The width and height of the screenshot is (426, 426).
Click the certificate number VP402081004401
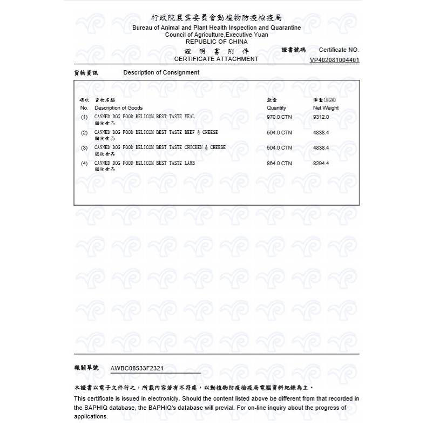pyautogui.click(x=334, y=60)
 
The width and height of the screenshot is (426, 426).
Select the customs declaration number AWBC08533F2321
pyautogui.click(x=137, y=368)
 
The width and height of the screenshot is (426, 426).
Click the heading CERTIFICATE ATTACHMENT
pyautogui.click(x=216, y=59)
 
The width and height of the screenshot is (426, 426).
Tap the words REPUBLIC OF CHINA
pyautogui.click(x=217, y=42)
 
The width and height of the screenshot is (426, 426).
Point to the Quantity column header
pyautogui.click(x=276, y=108)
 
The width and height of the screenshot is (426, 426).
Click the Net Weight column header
pyautogui.click(x=326, y=108)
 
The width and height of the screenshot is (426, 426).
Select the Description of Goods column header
pyautogui.click(x=118, y=108)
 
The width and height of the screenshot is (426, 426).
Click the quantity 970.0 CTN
pyautogui.click(x=279, y=117)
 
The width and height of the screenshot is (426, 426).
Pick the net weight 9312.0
pyautogui.click(x=321, y=117)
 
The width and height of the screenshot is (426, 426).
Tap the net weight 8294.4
pyautogui.click(x=321, y=163)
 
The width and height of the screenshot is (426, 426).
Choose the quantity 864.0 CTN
pyautogui.click(x=279, y=163)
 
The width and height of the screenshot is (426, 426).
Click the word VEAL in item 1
pyautogui.click(x=190, y=116)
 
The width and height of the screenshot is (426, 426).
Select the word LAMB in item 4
pyautogui.click(x=190, y=163)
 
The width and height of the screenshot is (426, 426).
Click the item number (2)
pyautogui.click(x=84, y=132)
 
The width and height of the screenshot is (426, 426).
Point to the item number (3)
pyautogui.click(x=84, y=147)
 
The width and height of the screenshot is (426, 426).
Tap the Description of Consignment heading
pyautogui.click(x=161, y=72)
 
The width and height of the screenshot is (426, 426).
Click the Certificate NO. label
pyautogui.click(x=339, y=50)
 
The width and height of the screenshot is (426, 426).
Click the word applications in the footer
pyautogui.click(x=91, y=416)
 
